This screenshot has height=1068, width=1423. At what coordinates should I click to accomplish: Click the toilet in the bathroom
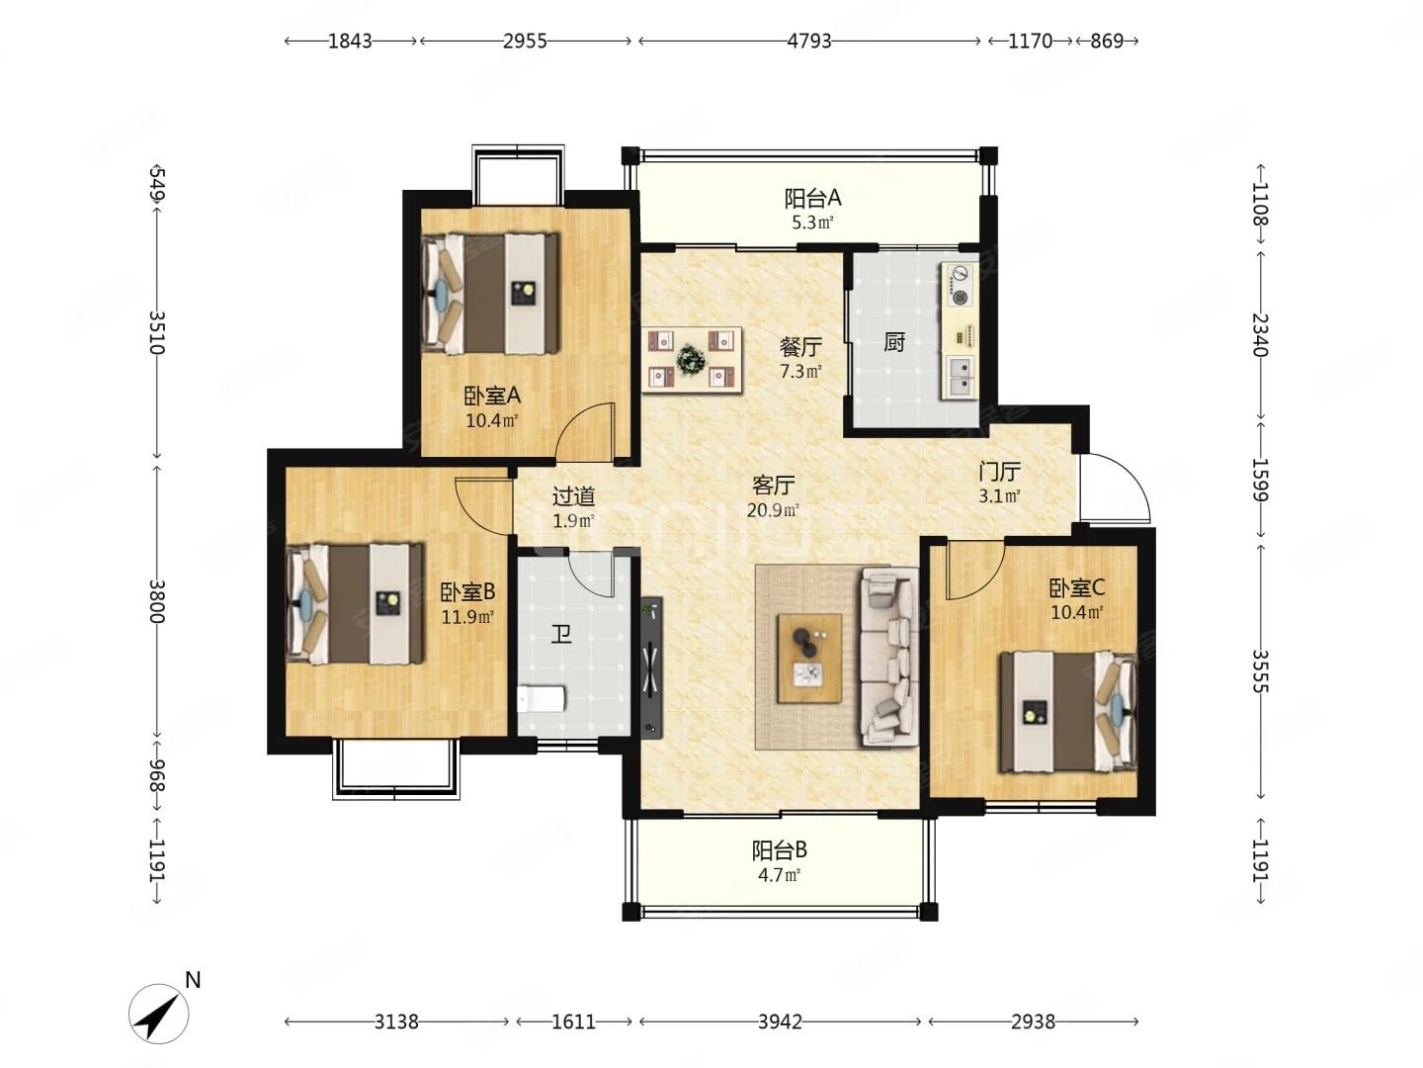coord(541,700)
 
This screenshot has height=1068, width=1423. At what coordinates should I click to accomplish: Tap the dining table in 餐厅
coord(692,359)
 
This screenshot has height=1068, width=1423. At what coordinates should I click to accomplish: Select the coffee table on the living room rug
coord(809,659)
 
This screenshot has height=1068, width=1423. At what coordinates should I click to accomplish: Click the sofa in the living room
coord(888,657)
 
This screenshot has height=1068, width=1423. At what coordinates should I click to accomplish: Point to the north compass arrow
coord(159,1014)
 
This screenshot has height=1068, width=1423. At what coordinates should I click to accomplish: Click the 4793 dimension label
coord(809,41)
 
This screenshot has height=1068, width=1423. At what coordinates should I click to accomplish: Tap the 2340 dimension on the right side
coord(1260,334)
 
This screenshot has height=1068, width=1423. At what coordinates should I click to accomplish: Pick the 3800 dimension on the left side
coord(157,601)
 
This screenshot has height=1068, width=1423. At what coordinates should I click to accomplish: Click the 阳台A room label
coord(812,197)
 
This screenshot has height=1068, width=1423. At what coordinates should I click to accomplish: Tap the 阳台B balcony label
coord(780,849)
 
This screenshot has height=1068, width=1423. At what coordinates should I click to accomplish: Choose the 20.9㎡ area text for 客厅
coord(773,510)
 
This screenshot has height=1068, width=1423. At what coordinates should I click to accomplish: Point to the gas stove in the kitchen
coord(959,286)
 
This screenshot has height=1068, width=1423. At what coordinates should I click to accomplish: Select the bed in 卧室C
coord(1067,711)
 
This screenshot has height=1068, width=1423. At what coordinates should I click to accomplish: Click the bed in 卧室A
coord(489,293)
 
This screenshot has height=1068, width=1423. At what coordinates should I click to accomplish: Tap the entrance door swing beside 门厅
coord(1115,488)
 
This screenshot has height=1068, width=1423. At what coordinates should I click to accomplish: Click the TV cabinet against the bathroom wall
coord(651,667)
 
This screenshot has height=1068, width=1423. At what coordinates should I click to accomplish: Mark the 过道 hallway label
coord(573,496)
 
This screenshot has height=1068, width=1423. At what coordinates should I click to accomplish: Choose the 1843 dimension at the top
coord(350,41)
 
